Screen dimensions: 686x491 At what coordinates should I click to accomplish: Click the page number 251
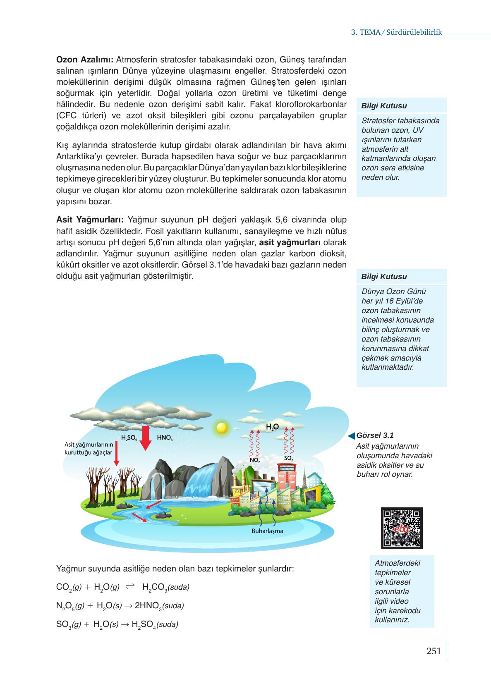[x=434, y=651]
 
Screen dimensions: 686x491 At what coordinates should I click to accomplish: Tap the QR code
[x=401, y=528]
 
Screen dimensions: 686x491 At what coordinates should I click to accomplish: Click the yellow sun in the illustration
[x=222, y=427]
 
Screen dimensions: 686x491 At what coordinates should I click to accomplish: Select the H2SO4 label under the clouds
[x=129, y=438]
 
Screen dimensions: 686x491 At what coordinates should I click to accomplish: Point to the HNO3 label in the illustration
[x=165, y=438]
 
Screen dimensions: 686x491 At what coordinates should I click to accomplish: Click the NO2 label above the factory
[x=255, y=460]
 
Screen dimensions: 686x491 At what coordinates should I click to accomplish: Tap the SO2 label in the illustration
[x=289, y=459]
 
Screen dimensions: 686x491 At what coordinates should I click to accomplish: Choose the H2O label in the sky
[x=272, y=427]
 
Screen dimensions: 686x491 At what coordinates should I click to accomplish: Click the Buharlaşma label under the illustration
[x=267, y=531]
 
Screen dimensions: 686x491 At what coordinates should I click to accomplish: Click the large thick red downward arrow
[x=145, y=438]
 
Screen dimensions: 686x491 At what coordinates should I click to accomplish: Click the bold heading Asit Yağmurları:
[x=90, y=220]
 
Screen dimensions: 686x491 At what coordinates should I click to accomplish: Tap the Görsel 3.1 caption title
[x=375, y=435]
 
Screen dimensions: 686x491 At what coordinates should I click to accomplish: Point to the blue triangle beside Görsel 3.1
[x=351, y=435]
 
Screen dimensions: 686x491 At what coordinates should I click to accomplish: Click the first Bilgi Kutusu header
[x=384, y=106]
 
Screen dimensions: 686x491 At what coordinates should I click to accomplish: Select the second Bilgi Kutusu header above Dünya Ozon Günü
[x=384, y=277]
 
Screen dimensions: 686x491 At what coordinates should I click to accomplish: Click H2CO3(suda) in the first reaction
[x=165, y=587]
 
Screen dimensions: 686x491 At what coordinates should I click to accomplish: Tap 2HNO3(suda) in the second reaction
[x=159, y=606]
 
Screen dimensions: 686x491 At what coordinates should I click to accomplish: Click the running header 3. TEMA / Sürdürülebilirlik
[x=396, y=32]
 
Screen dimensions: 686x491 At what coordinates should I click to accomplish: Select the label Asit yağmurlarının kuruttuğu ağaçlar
[x=89, y=448]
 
